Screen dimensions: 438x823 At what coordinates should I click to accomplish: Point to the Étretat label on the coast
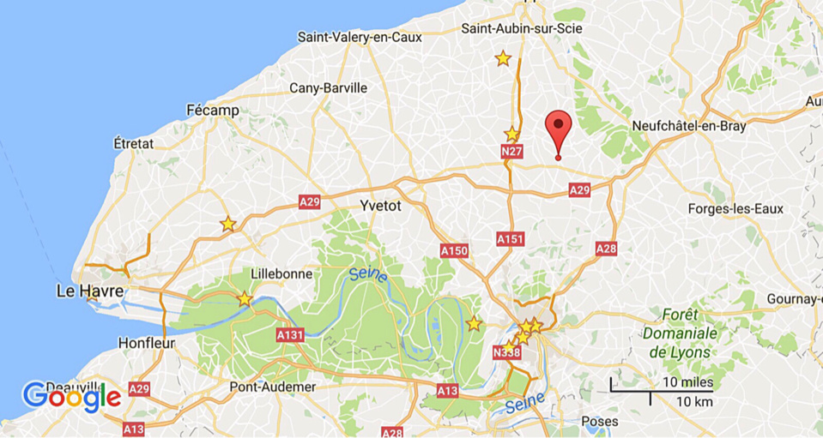133,142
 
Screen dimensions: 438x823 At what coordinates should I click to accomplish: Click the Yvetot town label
380,206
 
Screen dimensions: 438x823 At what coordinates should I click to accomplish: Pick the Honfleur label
147,343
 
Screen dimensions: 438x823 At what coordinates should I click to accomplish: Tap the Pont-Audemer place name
273,387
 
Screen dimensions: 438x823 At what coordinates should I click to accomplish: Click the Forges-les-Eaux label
735,209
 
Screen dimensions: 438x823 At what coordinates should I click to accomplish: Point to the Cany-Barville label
328,87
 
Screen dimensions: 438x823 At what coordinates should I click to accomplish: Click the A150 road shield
454,250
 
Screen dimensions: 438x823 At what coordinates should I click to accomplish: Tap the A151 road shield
510,239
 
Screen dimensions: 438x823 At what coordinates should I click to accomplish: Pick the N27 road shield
511,152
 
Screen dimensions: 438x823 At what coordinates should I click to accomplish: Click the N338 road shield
506,352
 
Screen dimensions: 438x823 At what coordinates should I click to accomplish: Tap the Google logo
71,395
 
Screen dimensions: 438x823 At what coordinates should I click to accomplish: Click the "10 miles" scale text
687,381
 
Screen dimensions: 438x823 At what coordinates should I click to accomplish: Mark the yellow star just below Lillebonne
245,299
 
